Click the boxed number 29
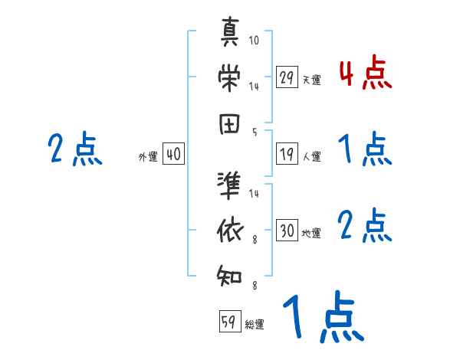[x=287, y=77]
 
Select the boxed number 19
[x=287, y=154]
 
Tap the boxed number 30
[x=287, y=231]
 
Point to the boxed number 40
[x=173, y=154]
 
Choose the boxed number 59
[x=228, y=322]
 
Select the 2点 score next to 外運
[x=75, y=149]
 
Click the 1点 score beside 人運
[x=365, y=149]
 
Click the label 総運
[x=255, y=325]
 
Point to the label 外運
[x=148, y=157]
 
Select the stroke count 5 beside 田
[x=255, y=132]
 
